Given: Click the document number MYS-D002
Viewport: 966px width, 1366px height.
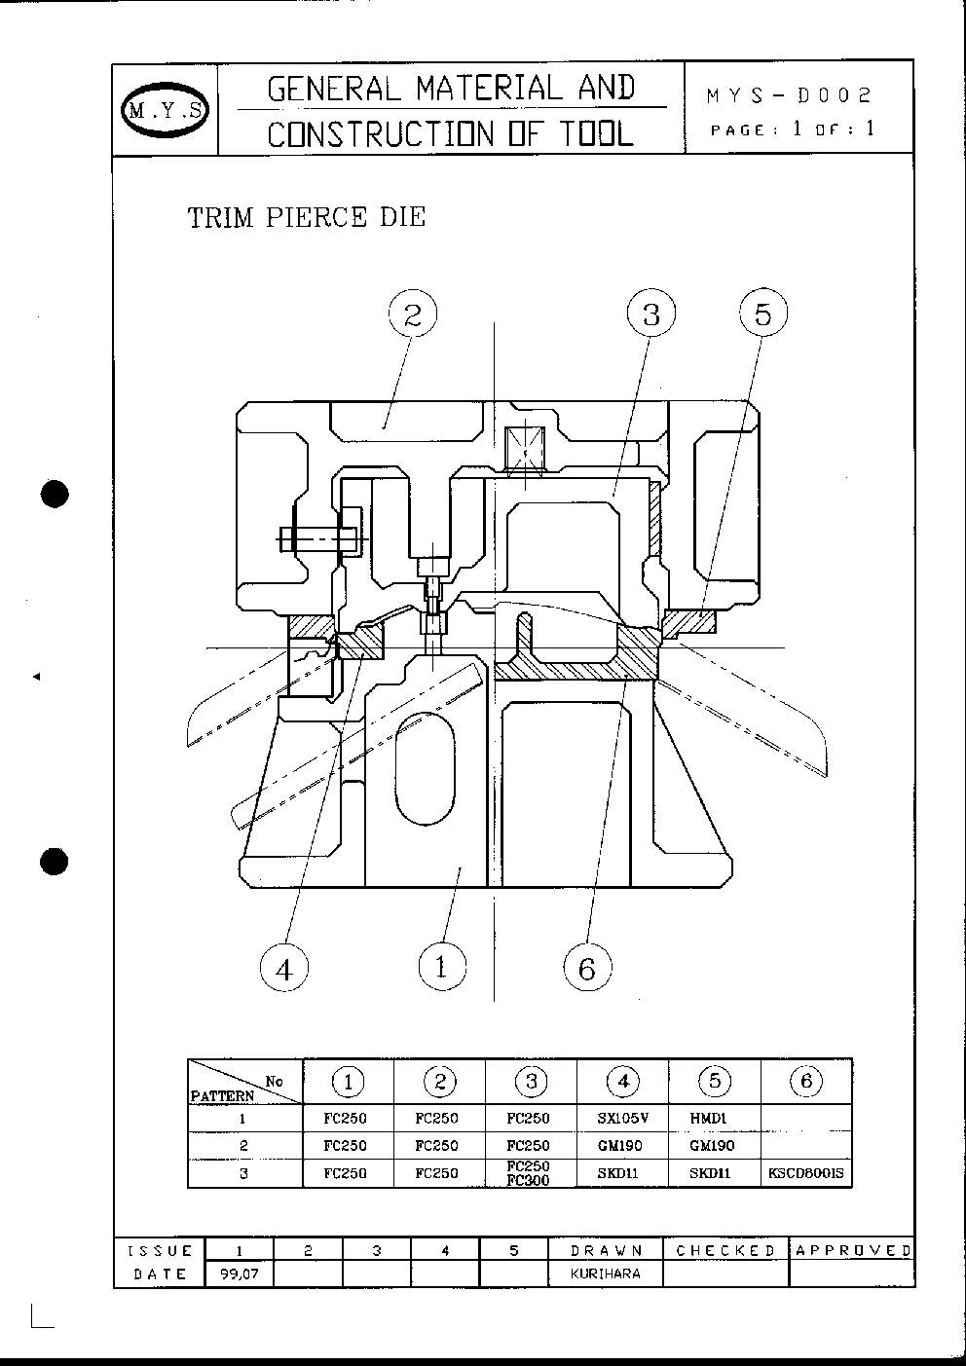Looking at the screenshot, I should (x=790, y=95).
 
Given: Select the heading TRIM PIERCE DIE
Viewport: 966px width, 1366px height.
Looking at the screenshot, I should (x=307, y=217).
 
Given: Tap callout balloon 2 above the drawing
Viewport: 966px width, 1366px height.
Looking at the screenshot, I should (x=412, y=314).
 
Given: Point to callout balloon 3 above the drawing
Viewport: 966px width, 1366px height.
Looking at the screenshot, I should (x=650, y=314).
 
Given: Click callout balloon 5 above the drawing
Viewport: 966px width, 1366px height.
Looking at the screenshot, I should (x=762, y=314).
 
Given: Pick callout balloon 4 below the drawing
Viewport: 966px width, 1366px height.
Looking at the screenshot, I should (x=284, y=968).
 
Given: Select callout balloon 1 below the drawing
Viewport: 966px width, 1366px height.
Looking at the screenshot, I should (x=441, y=967).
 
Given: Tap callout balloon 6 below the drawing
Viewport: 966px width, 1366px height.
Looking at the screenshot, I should (x=586, y=968).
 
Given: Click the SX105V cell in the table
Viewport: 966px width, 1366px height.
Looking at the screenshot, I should (x=622, y=1118).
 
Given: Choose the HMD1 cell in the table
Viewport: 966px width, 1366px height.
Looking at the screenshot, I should (x=714, y=1118).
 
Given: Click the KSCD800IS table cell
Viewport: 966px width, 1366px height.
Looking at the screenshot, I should (x=807, y=1173).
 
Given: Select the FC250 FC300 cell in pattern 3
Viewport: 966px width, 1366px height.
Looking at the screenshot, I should (x=530, y=1173).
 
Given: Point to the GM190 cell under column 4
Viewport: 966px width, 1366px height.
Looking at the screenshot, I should (x=622, y=1146).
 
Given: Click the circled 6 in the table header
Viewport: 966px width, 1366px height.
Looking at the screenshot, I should (x=806, y=1082).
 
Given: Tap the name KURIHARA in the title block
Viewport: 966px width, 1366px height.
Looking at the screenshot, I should (x=606, y=1274).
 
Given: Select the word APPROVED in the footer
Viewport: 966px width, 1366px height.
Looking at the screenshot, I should (x=853, y=1250).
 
